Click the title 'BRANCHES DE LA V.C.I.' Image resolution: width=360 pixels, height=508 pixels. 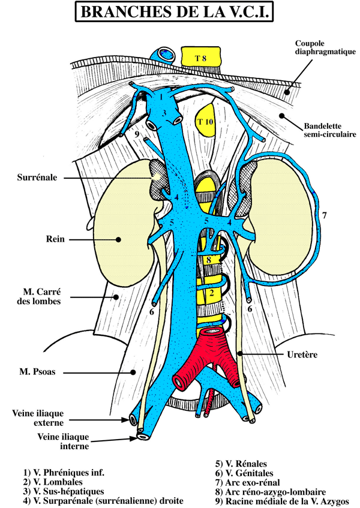pos(175,11)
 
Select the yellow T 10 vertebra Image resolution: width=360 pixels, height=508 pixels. pos(206,120)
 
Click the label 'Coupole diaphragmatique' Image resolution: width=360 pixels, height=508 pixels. pos(325,47)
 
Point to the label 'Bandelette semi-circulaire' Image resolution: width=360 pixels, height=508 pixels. pos(329,130)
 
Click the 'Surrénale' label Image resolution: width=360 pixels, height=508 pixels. pos(37,177)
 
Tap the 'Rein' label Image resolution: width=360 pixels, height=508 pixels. pos(55,239)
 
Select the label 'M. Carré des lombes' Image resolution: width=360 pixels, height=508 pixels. pos(42,296)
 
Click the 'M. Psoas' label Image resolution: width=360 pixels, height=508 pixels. pos(37,371)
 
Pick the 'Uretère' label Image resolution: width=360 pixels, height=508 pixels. pos(302,354)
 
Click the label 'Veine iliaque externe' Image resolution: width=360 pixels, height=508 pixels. pos(38,418)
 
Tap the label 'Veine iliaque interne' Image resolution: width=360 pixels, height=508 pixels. pos(63,441)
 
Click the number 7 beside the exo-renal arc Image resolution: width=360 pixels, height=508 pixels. pos(325,215)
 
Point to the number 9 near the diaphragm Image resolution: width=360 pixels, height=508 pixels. pos(137,134)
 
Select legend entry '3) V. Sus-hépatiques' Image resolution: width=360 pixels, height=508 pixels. pos(64,491)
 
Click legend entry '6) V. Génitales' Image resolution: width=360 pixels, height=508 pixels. pos(244,473)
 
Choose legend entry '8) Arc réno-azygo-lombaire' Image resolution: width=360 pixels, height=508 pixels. pos(271,492)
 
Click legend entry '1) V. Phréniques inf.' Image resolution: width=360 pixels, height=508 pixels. pos(64,473)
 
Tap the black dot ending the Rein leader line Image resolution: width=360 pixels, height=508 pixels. pos(118,240)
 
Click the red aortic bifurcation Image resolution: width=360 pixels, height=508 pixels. pos(208,360)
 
